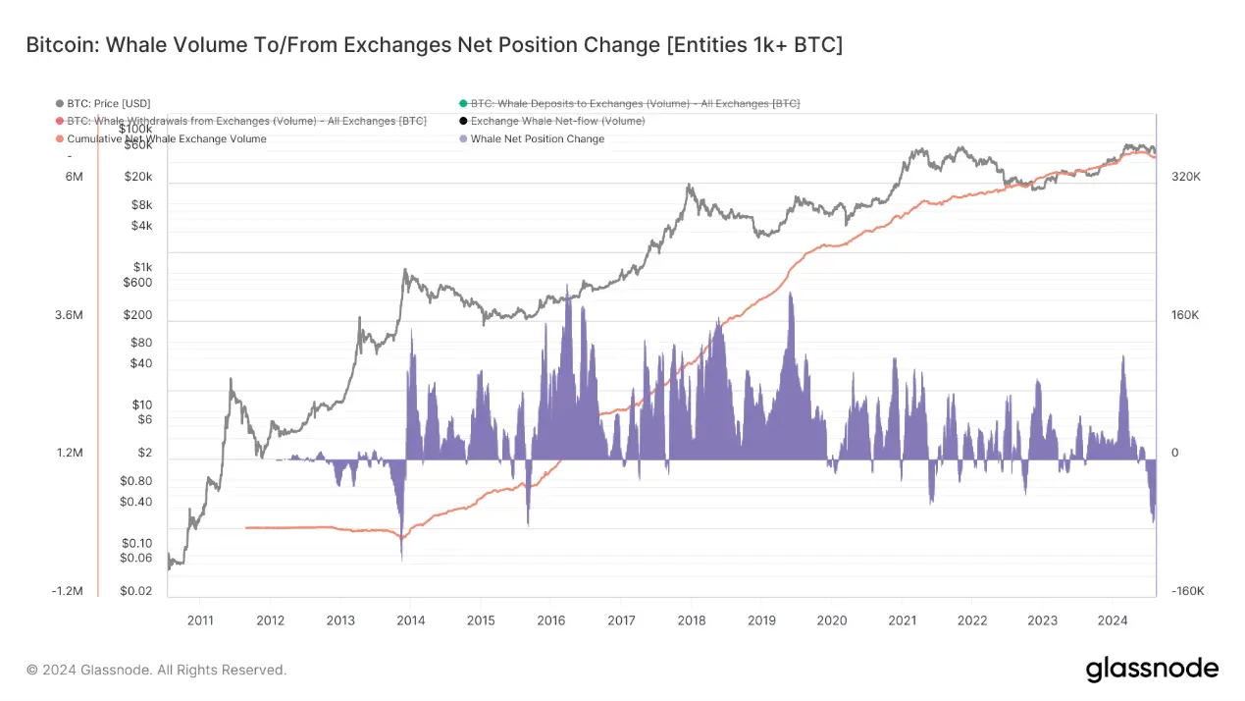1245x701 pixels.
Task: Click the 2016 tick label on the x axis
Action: [x=550, y=620]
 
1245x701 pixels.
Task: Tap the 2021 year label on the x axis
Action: [x=902, y=620]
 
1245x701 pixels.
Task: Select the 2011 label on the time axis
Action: [x=199, y=620]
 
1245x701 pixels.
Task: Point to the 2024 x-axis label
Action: [x=1113, y=620]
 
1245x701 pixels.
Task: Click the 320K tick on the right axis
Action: [x=1187, y=177]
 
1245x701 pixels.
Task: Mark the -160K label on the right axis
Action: [x=1187, y=591]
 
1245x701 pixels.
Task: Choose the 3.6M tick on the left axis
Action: [x=68, y=315]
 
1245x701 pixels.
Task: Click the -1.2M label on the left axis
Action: [x=67, y=591]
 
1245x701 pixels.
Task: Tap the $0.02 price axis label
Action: [x=135, y=591]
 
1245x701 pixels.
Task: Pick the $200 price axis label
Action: [x=137, y=315]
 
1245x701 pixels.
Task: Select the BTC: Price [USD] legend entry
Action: [x=108, y=103]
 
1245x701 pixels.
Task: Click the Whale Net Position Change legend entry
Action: [x=537, y=138]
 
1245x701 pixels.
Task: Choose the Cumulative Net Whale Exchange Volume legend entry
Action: [x=166, y=138]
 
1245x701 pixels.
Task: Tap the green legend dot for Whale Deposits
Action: [x=463, y=103]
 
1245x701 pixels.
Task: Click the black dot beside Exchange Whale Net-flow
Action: [x=463, y=121]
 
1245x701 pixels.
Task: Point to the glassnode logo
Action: [x=1152, y=670]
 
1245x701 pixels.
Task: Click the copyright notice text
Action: [x=156, y=670]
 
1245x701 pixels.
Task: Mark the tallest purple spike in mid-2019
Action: [x=791, y=295]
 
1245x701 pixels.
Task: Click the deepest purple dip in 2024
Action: [x=1154, y=522]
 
